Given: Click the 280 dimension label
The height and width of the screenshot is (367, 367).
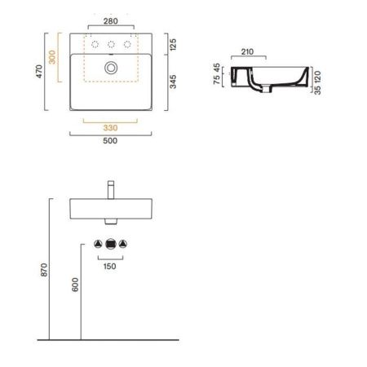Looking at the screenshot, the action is [111, 21].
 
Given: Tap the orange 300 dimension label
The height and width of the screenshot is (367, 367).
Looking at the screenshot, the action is [52, 57].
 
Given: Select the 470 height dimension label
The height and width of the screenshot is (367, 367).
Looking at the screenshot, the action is [39, 72].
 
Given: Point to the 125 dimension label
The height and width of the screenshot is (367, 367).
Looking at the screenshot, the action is [173, 45].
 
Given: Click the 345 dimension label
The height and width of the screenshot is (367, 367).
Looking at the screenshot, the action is [173, 82].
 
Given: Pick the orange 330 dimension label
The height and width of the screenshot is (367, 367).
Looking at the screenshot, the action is [110, 128].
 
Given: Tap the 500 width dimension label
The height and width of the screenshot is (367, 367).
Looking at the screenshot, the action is [110, 141].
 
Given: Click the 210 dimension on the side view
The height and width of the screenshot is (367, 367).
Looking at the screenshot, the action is [247, 51].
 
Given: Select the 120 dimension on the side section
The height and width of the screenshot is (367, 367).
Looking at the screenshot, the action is [317, 77].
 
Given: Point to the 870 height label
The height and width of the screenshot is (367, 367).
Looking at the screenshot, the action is [44, 270].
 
